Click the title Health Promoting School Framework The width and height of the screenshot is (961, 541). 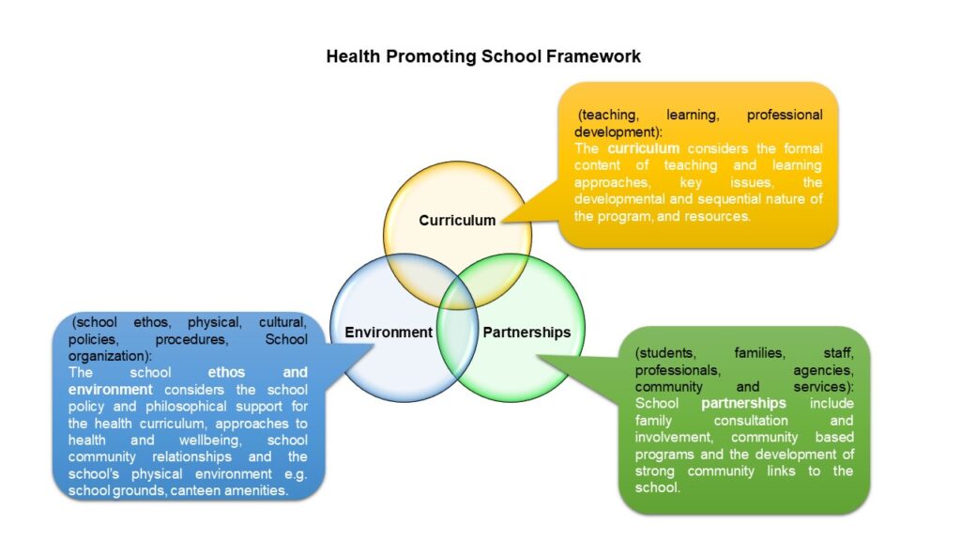(483, 56)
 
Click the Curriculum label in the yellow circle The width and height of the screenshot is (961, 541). (457, 220)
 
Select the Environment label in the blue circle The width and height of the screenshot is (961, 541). (389, 332)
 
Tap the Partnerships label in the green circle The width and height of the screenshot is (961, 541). (526, 332)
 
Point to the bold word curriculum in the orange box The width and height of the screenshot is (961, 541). (644, 148)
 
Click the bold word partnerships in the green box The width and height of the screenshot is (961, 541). (743, 403)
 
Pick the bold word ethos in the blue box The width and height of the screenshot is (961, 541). (226, 372)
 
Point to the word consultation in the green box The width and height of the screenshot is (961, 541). (751, 420)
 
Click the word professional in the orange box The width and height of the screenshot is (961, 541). (785, 115)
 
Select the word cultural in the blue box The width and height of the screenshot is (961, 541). (282, 322)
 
